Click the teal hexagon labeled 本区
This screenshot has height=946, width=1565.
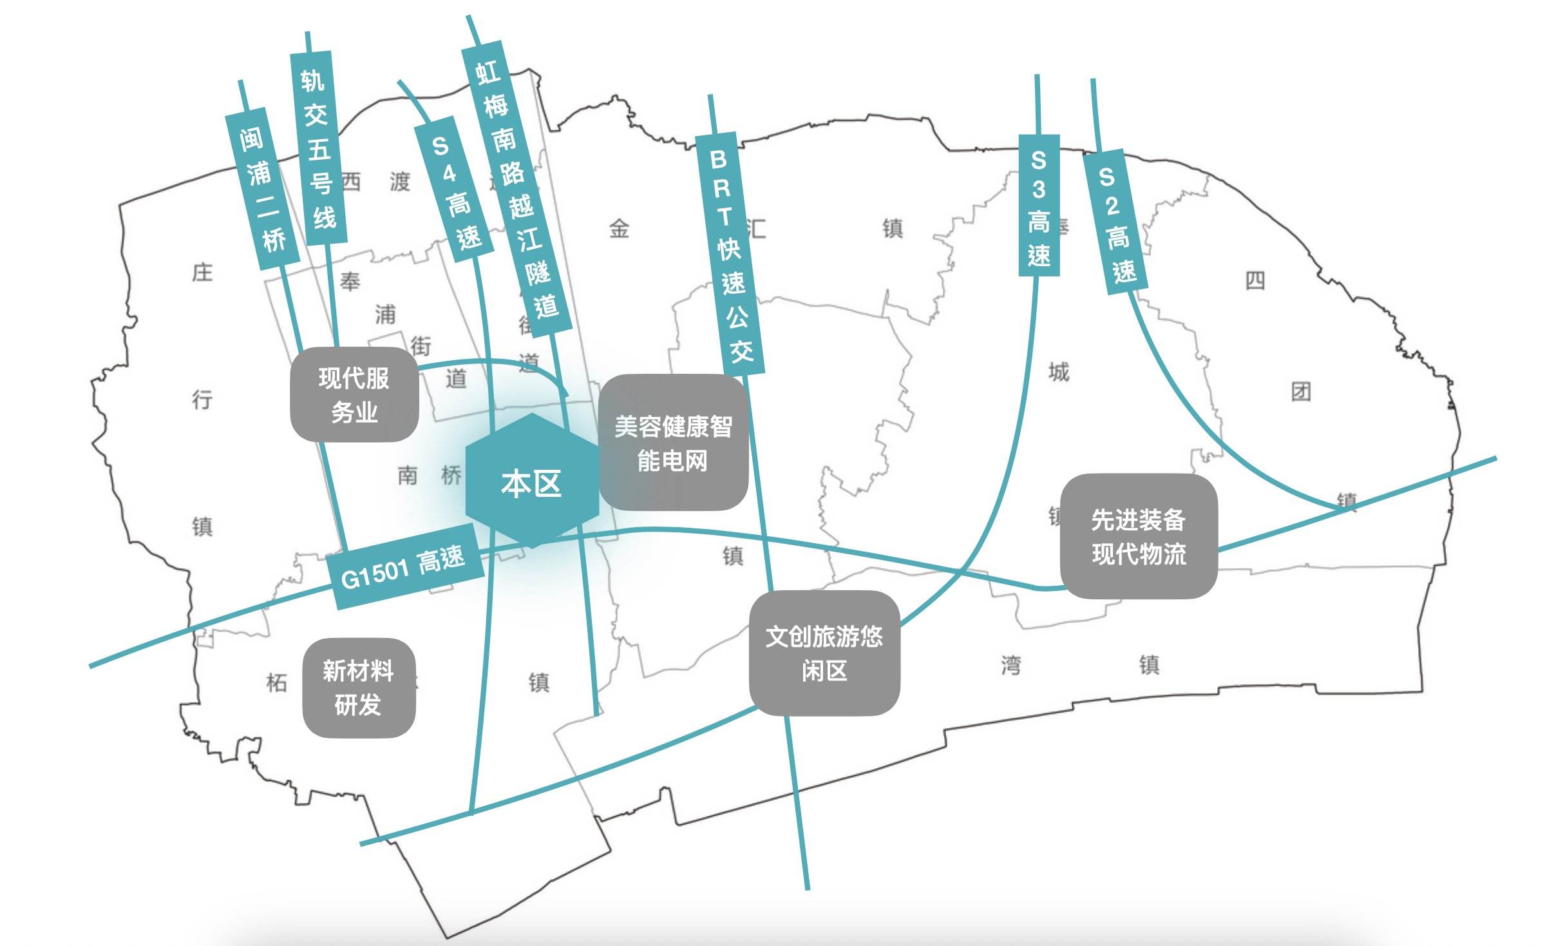tap(532, 482)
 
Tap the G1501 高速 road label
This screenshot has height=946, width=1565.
tap(404, 566)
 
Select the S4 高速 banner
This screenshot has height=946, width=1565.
tap(455, 191)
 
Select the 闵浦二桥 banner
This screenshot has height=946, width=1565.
tap(263, 189)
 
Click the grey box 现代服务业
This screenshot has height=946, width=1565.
tap(354, 394)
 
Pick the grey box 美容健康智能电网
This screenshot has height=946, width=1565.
tap(673, 443)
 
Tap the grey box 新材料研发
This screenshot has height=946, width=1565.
tap(359, 688)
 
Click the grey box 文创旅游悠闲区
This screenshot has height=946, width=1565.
tap(824, 653)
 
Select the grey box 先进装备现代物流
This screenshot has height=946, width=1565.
tap(1139, 536)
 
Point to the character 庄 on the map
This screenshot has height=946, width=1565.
tap(202, 273)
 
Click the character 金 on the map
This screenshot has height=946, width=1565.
tap(619, 228)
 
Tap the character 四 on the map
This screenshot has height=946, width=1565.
tap(1255, 281)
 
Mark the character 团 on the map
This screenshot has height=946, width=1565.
tap(1301, 391)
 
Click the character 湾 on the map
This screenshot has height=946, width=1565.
tap(1010, 665)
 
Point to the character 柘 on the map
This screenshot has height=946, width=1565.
tap(276, 682)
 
